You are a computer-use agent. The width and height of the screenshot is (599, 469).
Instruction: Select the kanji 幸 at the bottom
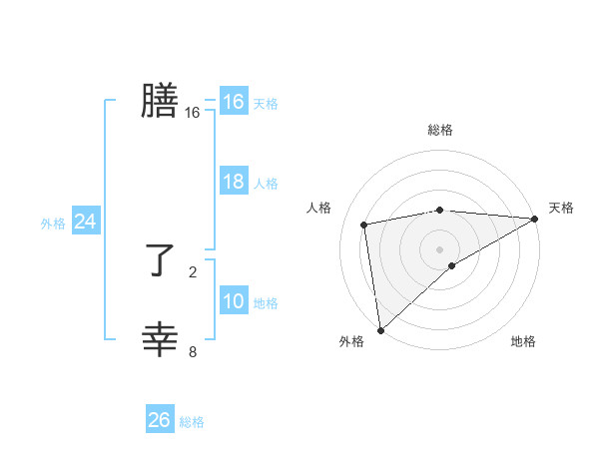160,340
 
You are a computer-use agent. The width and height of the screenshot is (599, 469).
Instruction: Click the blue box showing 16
233,102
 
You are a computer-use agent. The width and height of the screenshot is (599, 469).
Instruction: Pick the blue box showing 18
233,182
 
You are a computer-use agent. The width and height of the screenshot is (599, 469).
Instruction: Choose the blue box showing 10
233,301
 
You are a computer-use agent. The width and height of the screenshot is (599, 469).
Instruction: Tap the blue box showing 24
85,222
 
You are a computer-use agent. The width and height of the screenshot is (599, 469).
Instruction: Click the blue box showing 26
159,420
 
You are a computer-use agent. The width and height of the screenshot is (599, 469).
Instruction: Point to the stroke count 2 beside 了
193,270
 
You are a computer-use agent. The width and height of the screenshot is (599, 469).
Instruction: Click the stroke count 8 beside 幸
193,350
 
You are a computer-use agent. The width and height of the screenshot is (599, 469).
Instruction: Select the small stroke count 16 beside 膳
193,113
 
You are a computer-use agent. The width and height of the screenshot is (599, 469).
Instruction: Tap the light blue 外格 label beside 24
53,224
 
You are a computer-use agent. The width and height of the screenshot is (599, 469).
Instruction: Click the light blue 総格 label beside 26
192,422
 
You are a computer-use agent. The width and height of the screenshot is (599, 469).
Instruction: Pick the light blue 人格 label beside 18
266,184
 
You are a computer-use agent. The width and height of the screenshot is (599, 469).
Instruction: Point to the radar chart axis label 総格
439,130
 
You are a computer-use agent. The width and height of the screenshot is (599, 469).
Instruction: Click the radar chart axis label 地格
523,341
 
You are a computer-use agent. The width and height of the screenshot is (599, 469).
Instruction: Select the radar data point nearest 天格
534,219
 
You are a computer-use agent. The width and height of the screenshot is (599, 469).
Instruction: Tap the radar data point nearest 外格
380,329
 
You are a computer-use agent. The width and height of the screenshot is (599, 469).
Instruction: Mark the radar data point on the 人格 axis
364,225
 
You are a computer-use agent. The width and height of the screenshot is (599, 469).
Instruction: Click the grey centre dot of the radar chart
439,248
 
